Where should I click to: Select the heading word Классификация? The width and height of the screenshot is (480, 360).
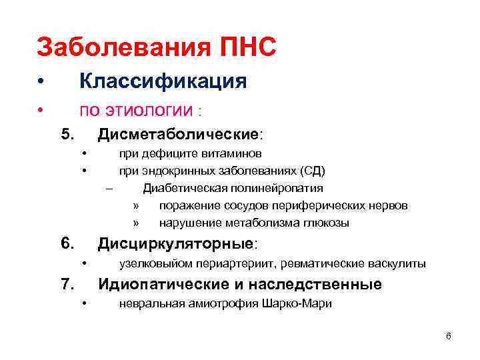163,81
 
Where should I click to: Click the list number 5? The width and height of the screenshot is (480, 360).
67,135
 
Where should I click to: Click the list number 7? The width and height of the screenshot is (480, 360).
67,285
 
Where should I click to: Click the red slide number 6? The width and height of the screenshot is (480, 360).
448,336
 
